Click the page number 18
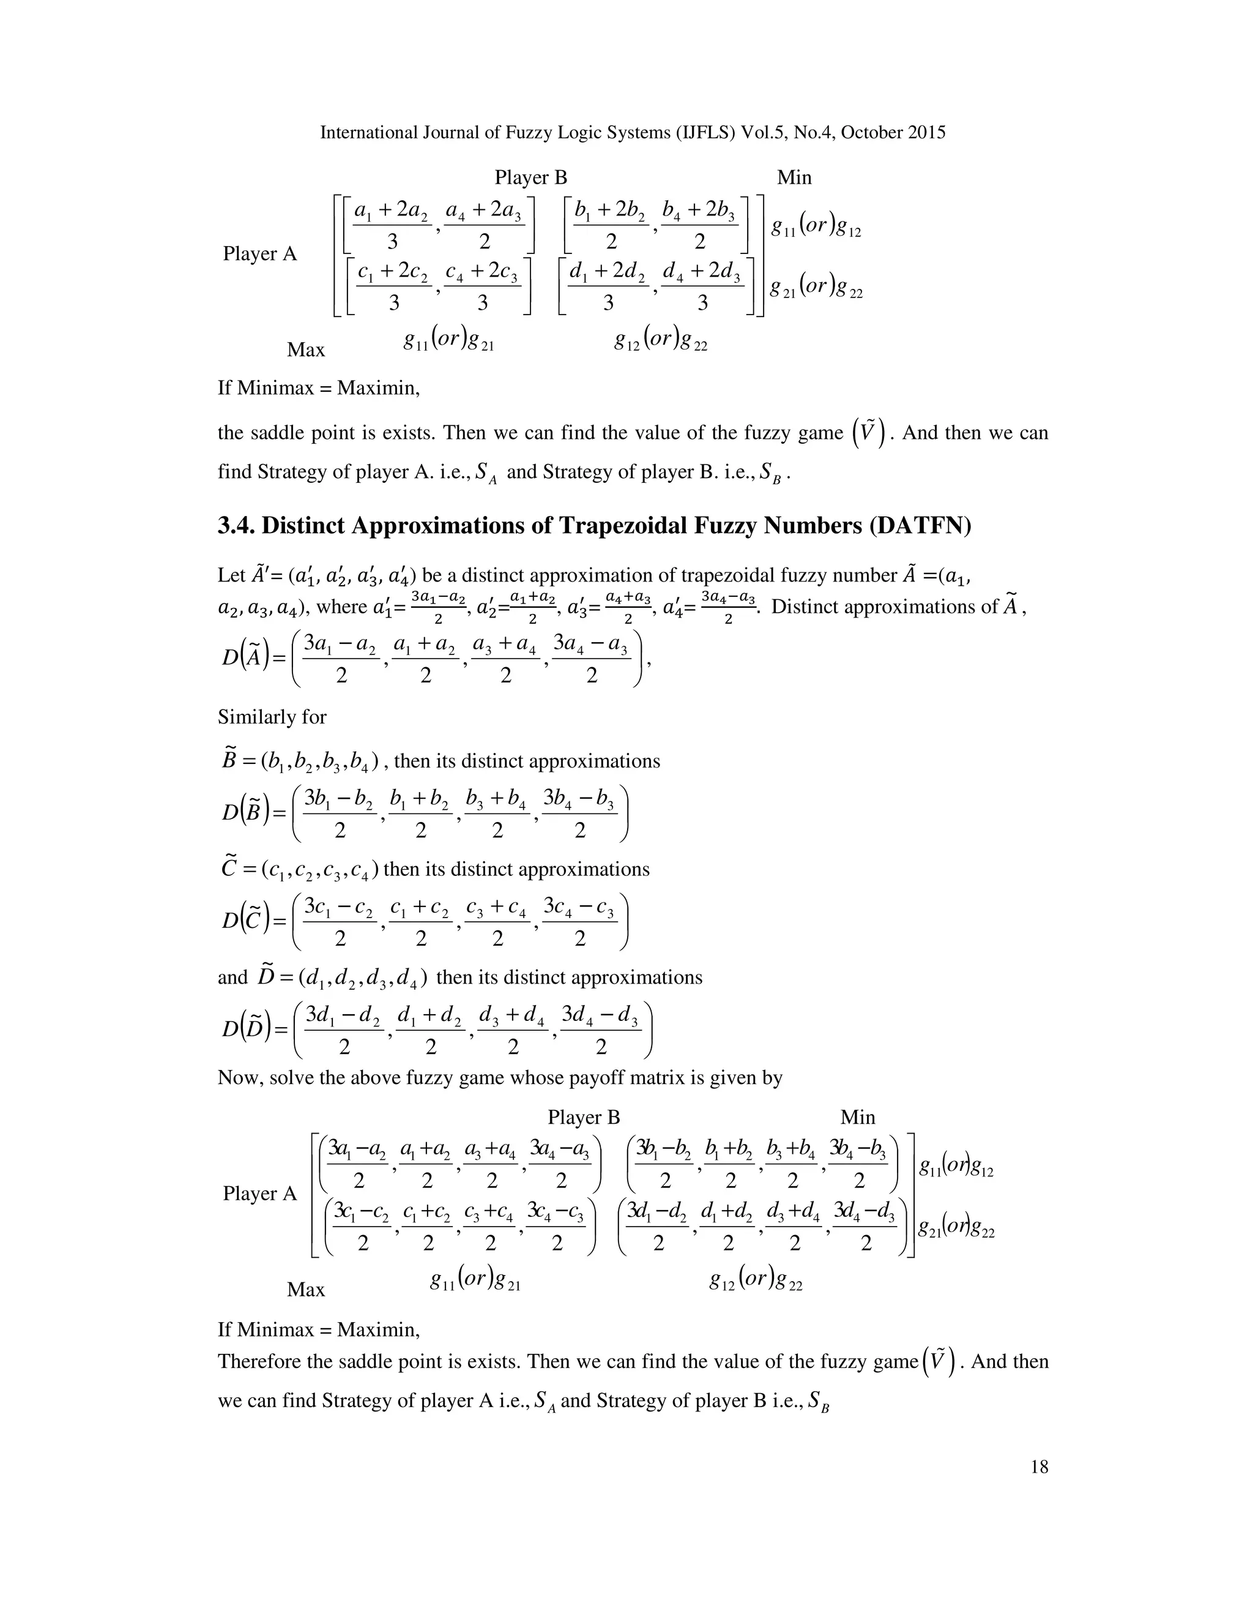coord(1039,1467)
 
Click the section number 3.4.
coord(236,526)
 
